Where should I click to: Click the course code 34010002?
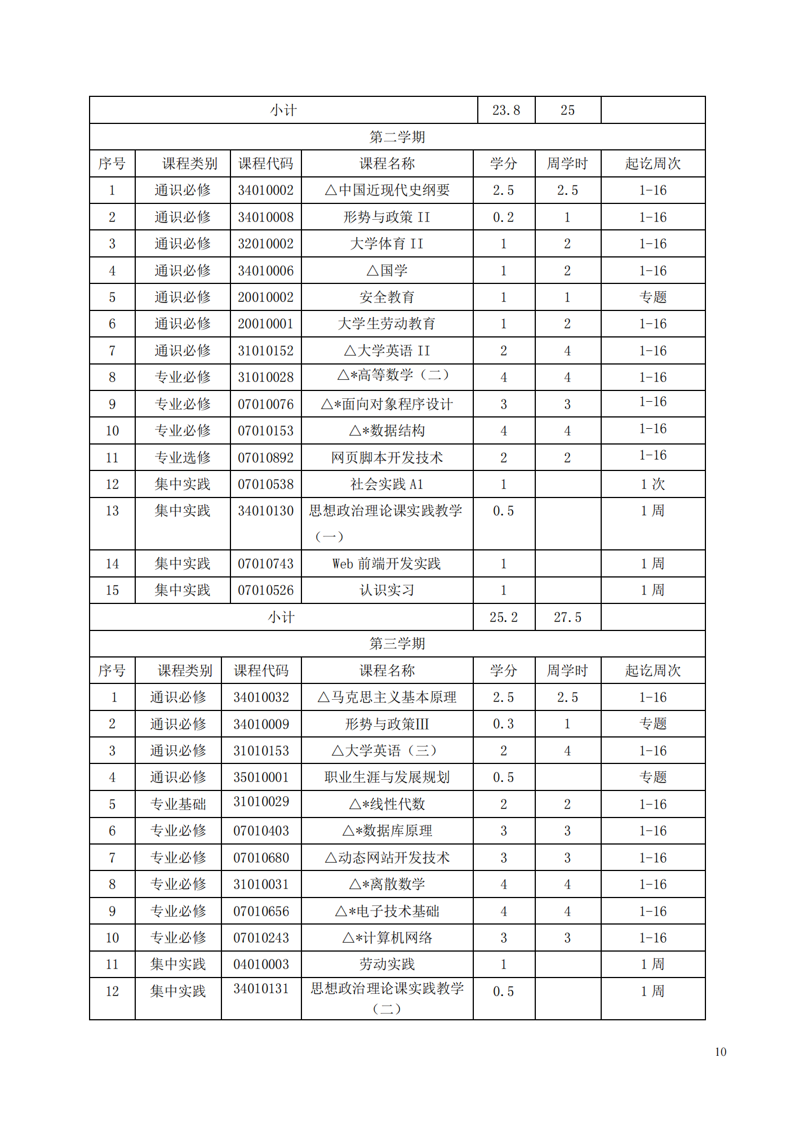click(x=265, y=190)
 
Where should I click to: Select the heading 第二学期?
click(x=397, y=137)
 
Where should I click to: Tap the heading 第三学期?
click(x=397, y=643)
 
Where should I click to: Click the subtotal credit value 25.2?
click(x=503, y=617)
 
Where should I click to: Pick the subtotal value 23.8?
click(x=506, y=110)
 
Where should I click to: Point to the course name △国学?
click(x=387, y=271)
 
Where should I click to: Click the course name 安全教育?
click(x=387, y=297)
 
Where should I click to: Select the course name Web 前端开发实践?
click(x=387, y=564)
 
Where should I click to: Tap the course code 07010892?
click(x=265, y=458)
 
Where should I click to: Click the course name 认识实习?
click(x=387, y=590)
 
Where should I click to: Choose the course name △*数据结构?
click(x=387, y=431)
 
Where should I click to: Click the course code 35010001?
click(x=261, y=778)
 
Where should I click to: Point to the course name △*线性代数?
click(x=387, y=805)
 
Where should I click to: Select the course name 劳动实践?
click(x=387, y=965)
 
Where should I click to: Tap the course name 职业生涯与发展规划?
click(x=387, y=778)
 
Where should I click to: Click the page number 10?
click(x=720, y=1052)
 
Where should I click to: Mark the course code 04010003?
click(x=261, y=965)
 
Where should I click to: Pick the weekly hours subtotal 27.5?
click(x=567, y=617)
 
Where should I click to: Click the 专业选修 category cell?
click(x=183, y=458)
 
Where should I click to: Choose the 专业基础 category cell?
click(x=178, y=805)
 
